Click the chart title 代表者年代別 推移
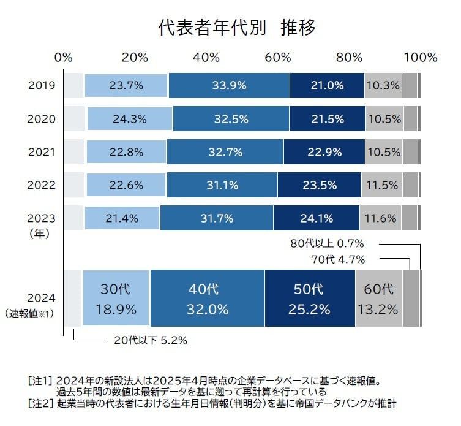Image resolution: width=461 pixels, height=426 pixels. [x=236, y=27]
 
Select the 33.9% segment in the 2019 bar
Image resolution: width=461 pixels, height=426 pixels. [x=229, y=85]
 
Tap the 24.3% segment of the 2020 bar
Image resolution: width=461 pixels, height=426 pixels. [x=130, y=118]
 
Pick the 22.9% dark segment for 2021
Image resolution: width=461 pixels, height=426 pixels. [x=324, y=151]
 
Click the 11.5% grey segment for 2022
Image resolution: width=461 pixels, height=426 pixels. [x=381, y=184]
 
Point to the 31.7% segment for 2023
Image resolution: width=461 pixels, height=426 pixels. [x=217, y=218]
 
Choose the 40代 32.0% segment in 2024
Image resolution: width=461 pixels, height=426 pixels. [x=207, y=298]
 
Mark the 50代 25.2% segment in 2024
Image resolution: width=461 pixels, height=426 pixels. [x=310, y=298]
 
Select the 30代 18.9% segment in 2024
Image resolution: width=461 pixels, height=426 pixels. [x=116, y=298]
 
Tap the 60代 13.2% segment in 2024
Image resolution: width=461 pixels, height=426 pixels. [x=378, y=298]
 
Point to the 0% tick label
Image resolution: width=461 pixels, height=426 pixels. [x=63, y=58]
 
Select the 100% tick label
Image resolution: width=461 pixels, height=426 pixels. [x=420, y=58]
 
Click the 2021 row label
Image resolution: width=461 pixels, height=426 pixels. [x=42, y=151]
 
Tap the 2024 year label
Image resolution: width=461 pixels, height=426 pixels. [x=42, y=298]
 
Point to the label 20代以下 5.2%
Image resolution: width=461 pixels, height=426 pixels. [x=150, y=339]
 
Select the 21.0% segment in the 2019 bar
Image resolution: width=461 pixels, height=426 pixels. [x=327, y=85]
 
